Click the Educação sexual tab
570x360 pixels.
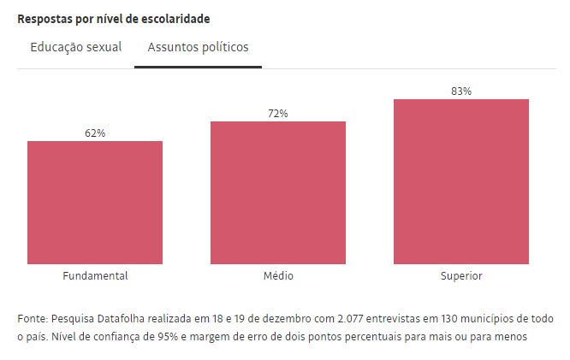click(76, 48)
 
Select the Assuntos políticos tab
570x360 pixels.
click(198, 48)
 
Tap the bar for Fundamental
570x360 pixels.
click(95, 203)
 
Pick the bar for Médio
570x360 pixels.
click(278, 192)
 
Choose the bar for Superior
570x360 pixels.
click(461, 181)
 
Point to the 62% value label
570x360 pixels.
click(95, 133)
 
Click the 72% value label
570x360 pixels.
click(278, 114)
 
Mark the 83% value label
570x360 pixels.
click(461, 91)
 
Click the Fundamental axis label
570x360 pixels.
click(95, 276)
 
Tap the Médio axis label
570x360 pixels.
click(278, 276)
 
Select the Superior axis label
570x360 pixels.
click(461, 276)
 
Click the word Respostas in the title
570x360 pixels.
click(43, 19)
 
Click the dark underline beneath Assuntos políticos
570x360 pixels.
click(198, 67)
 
